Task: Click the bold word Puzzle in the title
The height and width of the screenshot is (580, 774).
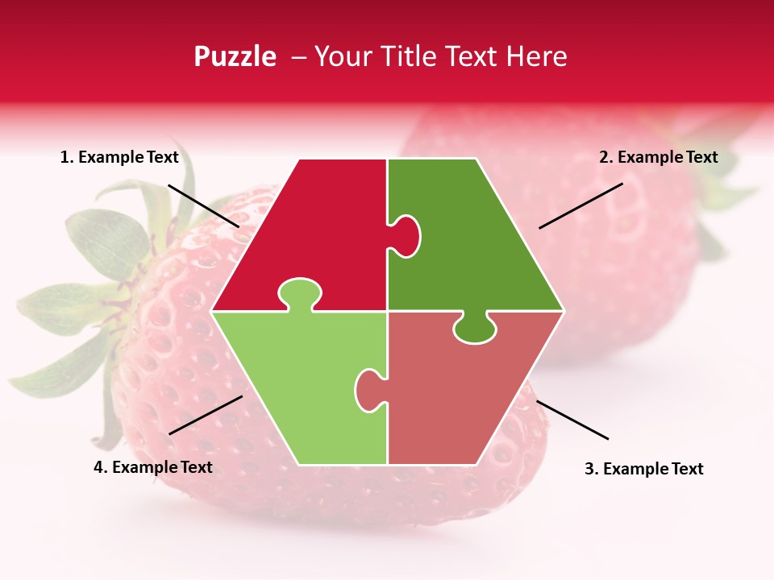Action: pos(235,57)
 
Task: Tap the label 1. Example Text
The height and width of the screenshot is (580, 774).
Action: pos(119,157)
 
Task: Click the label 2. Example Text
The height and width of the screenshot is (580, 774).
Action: pos(658,157)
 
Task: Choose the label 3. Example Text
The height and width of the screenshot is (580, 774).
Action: pos(643,469)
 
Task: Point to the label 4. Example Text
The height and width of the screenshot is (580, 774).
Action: pos(153,467)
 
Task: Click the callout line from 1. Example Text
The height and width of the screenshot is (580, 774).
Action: pos(203,205)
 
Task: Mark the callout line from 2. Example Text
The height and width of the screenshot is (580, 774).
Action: pos(580,205)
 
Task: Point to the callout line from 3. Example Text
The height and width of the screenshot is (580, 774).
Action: pos(572,420)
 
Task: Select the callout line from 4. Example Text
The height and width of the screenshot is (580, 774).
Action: pos(206,414)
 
